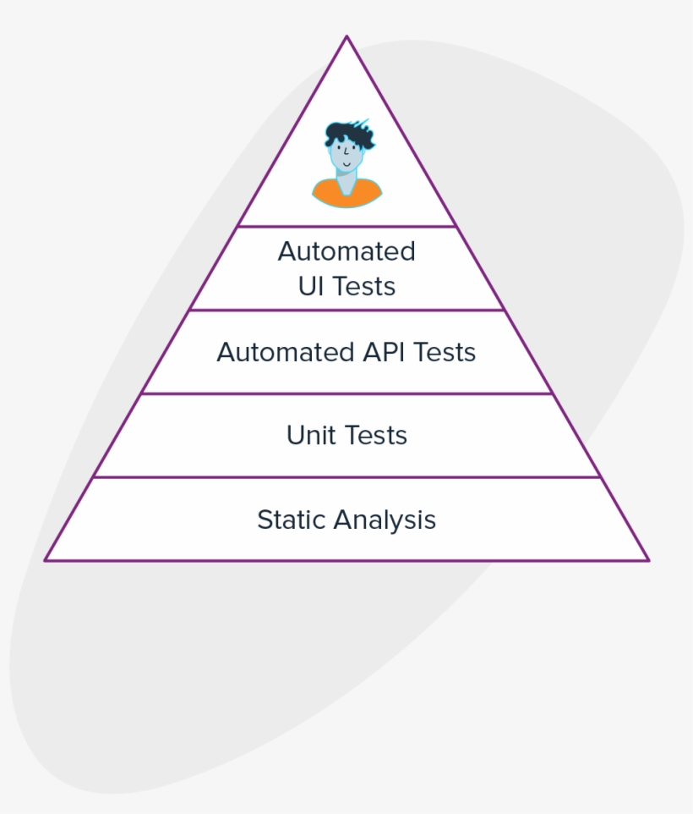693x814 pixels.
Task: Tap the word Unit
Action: click(311, 435)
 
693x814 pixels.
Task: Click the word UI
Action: click(311, 286)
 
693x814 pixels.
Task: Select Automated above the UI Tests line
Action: click(346, 251)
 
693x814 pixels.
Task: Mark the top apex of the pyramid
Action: click(346, 36)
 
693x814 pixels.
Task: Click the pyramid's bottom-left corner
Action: click(46, 559)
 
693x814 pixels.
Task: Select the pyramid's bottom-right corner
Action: click(647, 559)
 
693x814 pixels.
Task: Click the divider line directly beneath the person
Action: click(346, 226)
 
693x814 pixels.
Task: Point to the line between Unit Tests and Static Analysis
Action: click(346, 476)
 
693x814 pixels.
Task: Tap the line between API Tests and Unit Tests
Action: click(346, 393)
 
